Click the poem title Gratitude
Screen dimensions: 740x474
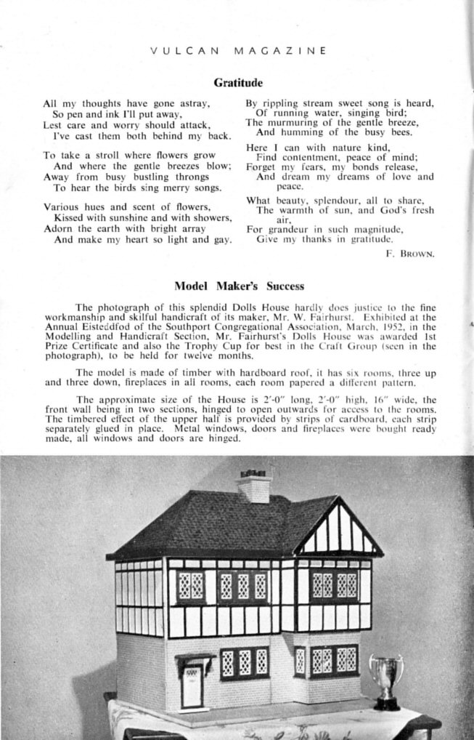point(237,83)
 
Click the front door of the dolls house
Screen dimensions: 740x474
point(192,686)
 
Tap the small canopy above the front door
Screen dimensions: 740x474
point(195,659)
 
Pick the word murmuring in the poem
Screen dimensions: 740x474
point(293,122)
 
